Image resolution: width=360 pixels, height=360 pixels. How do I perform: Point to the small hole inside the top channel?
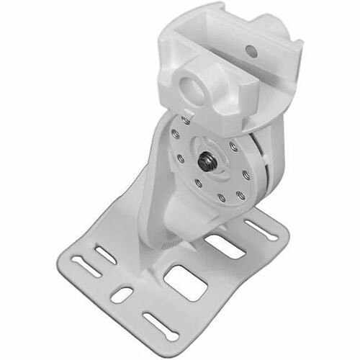pyautogui.click(x=251, y=51)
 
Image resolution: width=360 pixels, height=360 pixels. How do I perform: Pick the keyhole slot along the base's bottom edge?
pyautogui.click(x=160, y=325)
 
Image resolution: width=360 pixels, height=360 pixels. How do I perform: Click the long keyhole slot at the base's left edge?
pyautogui.click(x=88, y=268)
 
